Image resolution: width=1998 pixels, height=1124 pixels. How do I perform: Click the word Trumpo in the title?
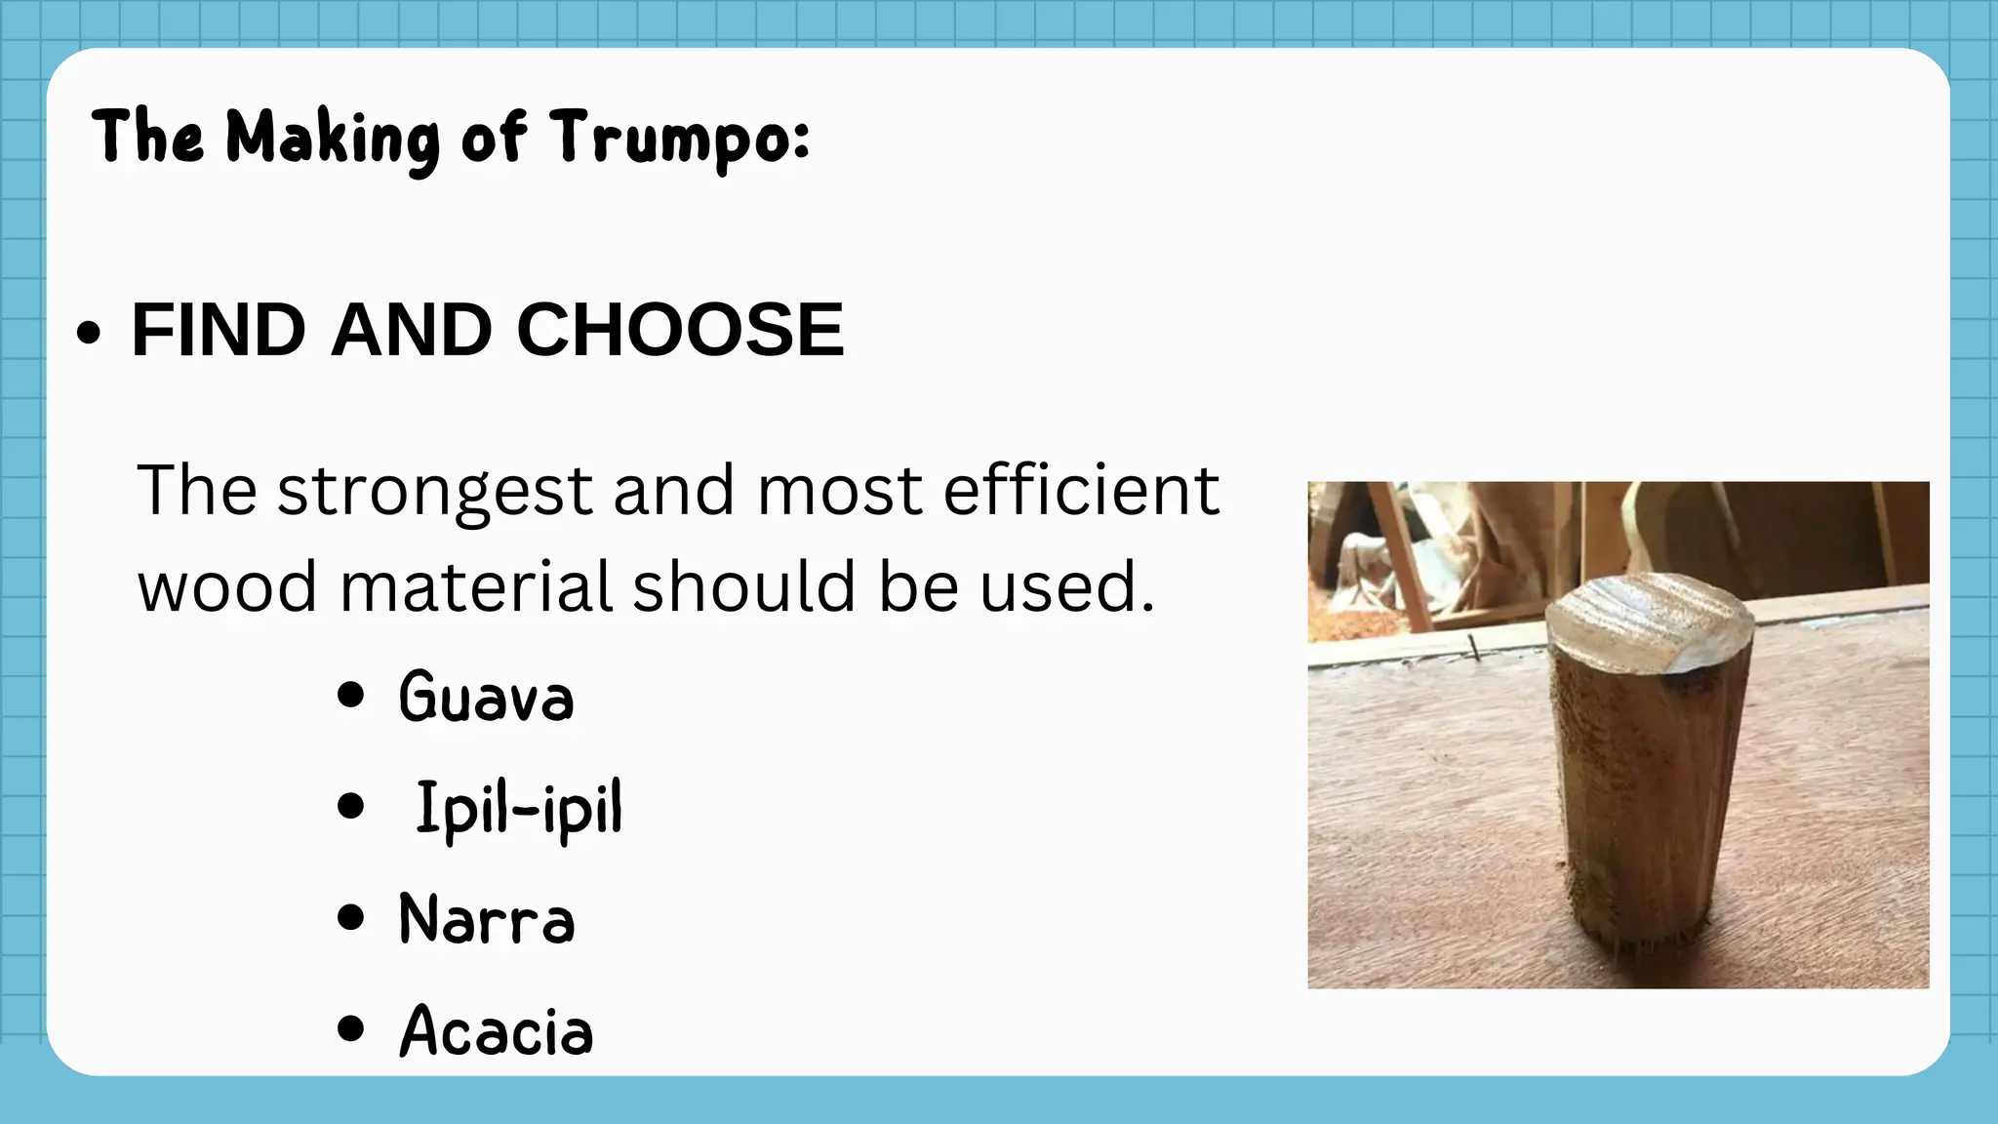coord(679,138)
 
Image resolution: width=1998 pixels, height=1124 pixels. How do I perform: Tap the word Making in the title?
coord(333,138)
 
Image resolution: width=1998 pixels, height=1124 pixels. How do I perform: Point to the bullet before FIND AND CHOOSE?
coord(88,333)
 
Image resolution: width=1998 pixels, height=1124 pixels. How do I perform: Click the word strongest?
coord(435,491)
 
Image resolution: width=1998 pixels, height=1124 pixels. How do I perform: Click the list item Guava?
coord(486,697)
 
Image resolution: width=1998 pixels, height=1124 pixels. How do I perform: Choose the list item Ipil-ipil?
coord(518,808)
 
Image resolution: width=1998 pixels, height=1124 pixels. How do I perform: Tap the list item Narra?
coord(487,919)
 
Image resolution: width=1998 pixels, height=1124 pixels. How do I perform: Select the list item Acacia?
coord(496,1030)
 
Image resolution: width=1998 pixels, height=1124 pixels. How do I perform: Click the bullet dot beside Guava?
coord(350,696)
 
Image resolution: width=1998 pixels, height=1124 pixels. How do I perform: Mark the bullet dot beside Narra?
coord(350,918)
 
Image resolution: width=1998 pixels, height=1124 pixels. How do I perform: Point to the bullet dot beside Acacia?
coord(350,1028)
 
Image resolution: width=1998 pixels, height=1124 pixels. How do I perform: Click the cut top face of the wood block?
coord(1649,621)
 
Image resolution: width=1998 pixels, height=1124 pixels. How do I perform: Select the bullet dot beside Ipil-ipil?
coord(350,807)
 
